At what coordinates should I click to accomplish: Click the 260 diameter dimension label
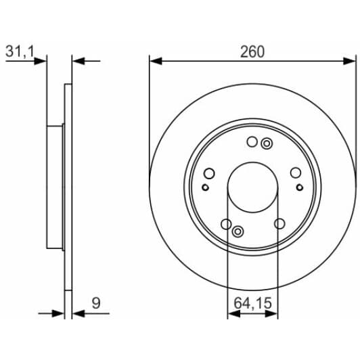(252, 51)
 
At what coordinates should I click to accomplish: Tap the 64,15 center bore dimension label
(252, 303)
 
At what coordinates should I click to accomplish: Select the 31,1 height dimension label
(20, 51)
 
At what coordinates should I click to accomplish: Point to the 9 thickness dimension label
(96, 303)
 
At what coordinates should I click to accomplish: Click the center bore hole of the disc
(252, 187)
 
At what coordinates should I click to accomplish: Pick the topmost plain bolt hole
(252, 141)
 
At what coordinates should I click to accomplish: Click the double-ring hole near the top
(267, 144)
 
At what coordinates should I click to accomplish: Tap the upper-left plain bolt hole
(209, 173)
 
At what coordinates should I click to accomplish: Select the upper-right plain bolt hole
(296, 173)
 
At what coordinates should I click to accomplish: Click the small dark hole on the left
(205, 187)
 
